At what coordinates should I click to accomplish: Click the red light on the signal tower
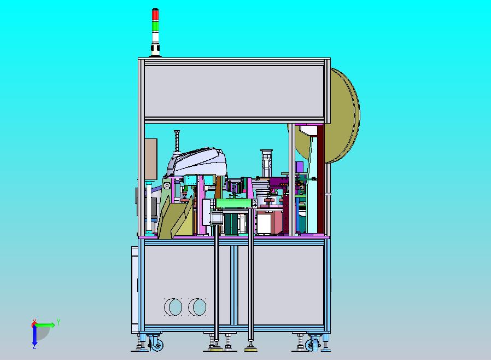[x=155, y=15]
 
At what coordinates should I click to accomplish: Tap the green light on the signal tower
[x=155, y=26]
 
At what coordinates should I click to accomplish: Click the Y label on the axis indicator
[x=59, y=322]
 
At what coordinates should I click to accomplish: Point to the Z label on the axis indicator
[x=34, y=347]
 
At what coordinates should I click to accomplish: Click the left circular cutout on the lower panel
[x=173, y=307]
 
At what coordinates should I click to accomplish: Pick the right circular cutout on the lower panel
[x=197, y=307]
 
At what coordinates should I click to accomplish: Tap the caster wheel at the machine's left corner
[x=156, y=345]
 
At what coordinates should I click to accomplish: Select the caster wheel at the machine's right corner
[x=311, y=345]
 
